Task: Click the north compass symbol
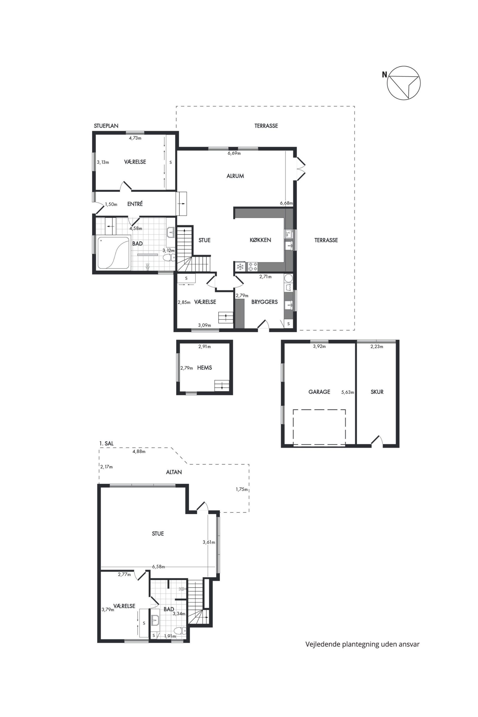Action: click(x=404, y=83)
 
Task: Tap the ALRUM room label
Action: click(x=235, y=176)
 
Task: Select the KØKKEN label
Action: click(x=260, y=240)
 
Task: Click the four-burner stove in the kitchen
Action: click(x=253, y=267)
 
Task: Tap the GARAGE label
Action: click(x=319, y=392)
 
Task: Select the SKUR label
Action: click(x=377, y=392)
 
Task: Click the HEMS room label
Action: click(x=205, y=368)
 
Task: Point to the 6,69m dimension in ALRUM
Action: click(x=234, y=153)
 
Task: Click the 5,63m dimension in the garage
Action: click(x=347, y=392)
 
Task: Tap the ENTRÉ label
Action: click(x=135, y=204)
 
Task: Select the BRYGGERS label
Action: click(x=264, y=302)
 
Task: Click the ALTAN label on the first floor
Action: click(x=174, y=472)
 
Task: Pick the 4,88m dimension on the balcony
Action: click(x=139, y=451)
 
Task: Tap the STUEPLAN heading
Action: click(x=106, y=126)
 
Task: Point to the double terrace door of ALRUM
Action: click(x=301, y=168)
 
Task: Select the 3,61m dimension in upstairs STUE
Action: click(x=209, y=542)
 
